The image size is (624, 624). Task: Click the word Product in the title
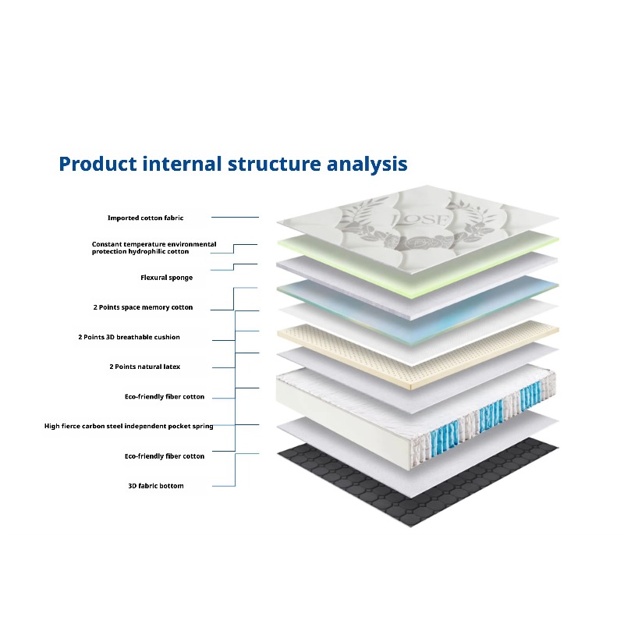pos(98,164)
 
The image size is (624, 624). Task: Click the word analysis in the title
pos(367,165)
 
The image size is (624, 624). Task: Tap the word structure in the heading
pos(275,164)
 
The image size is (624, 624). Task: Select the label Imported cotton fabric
pos(146,218)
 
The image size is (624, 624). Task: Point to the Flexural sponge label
pos(166,278)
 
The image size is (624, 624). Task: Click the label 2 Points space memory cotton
pos(143,307)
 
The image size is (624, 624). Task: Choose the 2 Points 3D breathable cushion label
pos(129,337)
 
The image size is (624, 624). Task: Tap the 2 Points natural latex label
pos(145,367)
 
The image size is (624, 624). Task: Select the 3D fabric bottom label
pos(155,486)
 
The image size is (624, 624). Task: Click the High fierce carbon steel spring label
pos(129,426)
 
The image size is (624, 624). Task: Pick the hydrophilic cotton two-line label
pos(154,247)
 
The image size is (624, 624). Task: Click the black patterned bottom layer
pos(418,481)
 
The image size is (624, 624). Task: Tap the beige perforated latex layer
pos(418,354)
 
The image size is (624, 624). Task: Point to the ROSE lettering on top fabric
pos(420,219)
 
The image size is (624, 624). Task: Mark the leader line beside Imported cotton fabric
pos(235,218)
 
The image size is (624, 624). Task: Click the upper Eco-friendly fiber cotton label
pos(165,397)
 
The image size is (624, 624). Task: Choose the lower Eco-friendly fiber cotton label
pos(165,456)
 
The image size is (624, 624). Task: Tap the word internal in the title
pos(182,164)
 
